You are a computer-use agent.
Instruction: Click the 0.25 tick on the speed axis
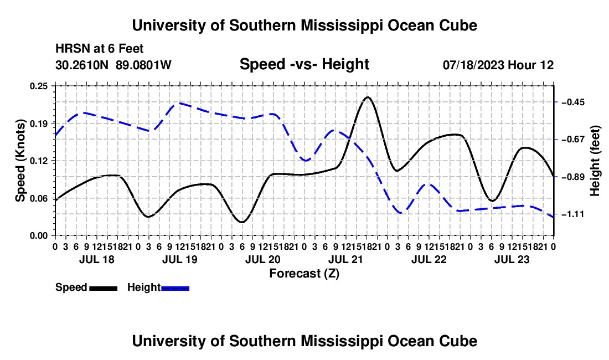tap(38, 86)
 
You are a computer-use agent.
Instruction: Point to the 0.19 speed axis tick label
tap(38, 124)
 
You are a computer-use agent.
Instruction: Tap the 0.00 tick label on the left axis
tap(38, 236)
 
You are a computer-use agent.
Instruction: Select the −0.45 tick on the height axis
tap(573, 102)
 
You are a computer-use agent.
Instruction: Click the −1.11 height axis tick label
tap(573, 214)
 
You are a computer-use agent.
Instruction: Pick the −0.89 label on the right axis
tap(573, 177)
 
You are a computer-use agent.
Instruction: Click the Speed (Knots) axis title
tap(20, 161)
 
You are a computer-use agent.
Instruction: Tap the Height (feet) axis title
tap(595, 161)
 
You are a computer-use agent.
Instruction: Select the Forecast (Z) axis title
tap(304, 274)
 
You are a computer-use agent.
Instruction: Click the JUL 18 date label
tap(97, 259)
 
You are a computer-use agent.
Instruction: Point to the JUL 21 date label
tap(345, 259)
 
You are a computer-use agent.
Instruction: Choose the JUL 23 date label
tap(512, 259)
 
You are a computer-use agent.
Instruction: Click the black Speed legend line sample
tap(104, 289)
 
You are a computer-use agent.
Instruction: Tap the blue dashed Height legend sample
tap(175, 289)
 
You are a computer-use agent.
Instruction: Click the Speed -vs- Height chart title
tap(304, 64)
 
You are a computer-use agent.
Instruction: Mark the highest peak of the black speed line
tap(368, 97)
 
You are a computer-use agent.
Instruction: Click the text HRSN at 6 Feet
tap(100, 49)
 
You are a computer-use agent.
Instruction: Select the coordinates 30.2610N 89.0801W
tap(113, 65)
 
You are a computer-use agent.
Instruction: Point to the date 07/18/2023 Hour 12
tap(498, 65)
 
